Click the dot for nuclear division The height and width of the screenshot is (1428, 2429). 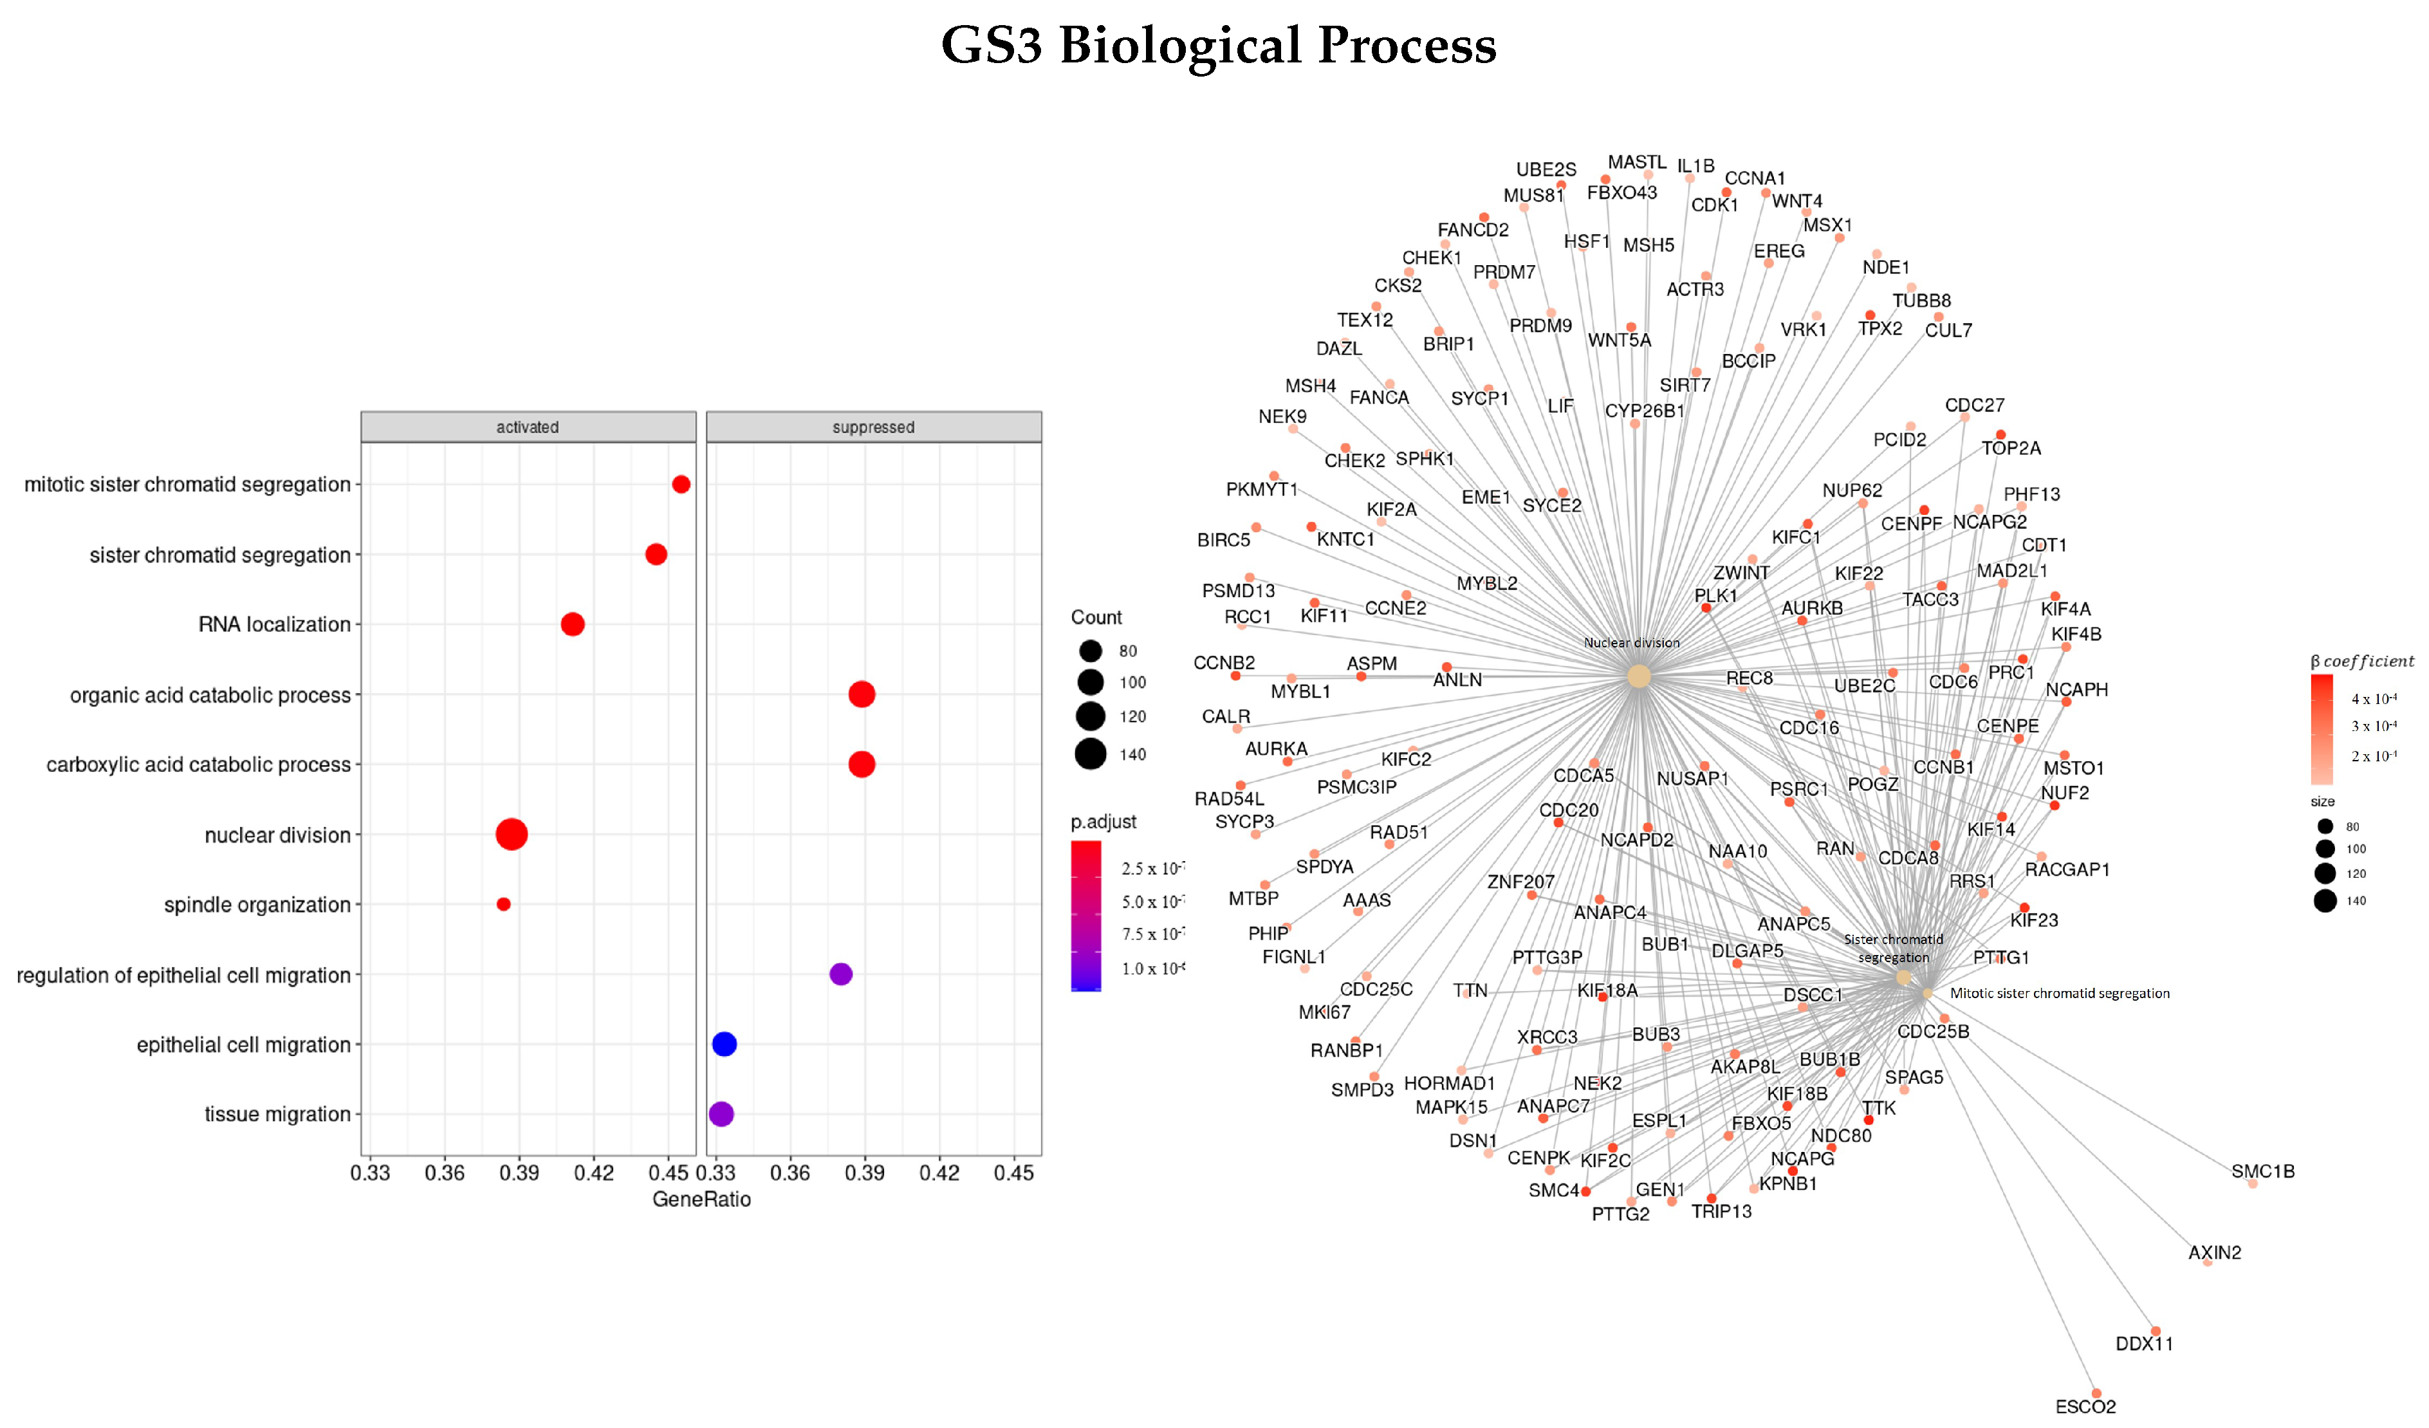click(x=511, y=834)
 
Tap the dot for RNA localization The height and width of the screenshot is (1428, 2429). click(x=573, y=624)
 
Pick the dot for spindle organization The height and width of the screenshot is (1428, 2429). click(x=503, y=904)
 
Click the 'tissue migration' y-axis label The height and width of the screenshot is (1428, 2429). click(x=277, y=1115)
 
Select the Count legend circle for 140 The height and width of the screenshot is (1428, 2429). click(x=1090, y=754)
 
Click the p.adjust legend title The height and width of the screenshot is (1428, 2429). click(x=1103, y=822)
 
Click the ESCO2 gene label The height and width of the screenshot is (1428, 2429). click(x=2085, y=1406)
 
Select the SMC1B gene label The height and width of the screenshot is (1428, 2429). click(x=2262, y=1171)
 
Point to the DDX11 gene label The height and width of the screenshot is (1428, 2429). click(x=2144, y=1343)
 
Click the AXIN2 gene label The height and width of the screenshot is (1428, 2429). click(x=2214, y=1252)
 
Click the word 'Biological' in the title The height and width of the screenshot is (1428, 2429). click(x=1180, y=45)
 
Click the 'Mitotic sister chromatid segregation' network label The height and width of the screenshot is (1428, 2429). click(x=2059, y=993)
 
